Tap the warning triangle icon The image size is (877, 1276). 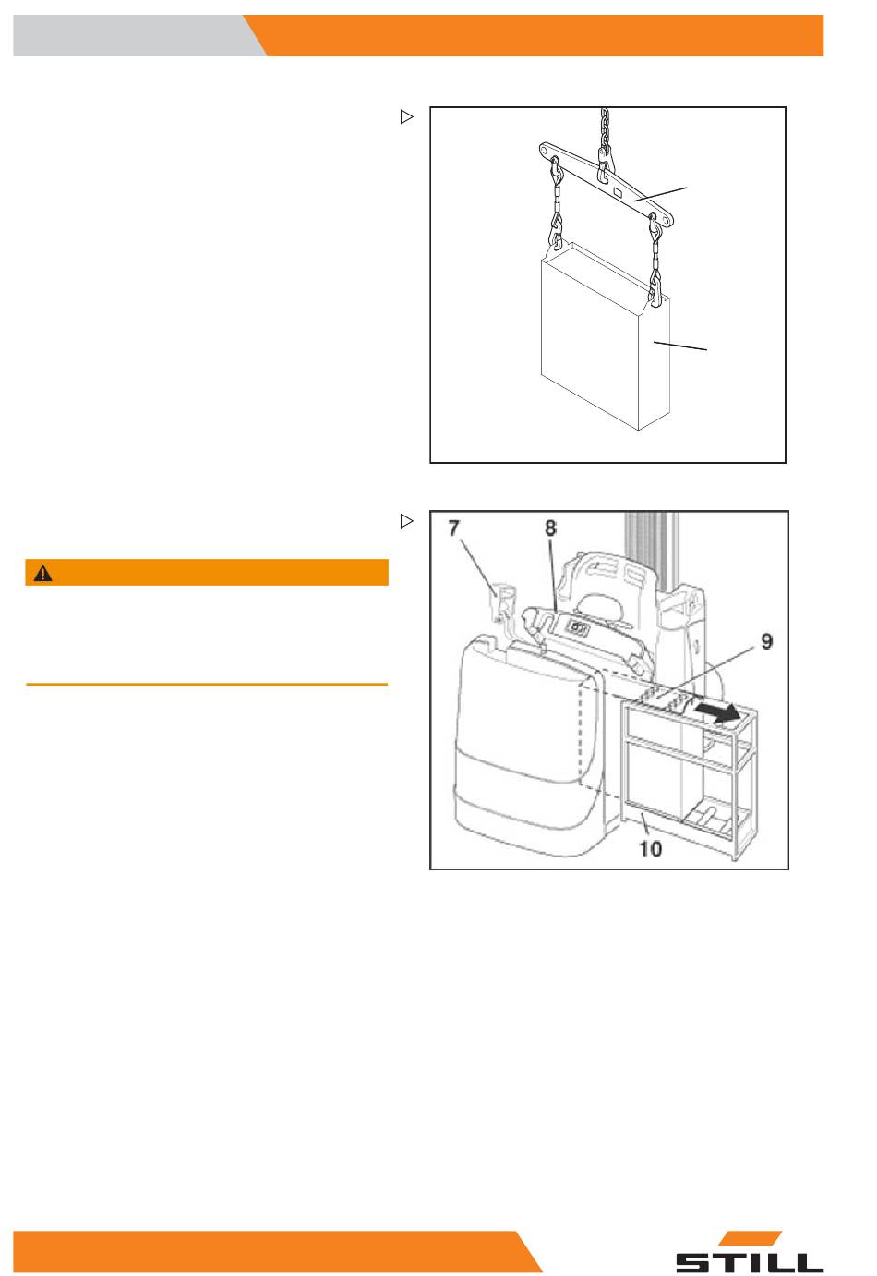[x=42, y=573]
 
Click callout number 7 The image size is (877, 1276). [x=453, y=529]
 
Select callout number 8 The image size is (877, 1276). [x=550, y=528]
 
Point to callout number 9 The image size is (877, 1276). [x=766, y=641]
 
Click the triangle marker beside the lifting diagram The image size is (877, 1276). [x=406, y=116]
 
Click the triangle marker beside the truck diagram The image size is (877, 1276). [x=406, y=520]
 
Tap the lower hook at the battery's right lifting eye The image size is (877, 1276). [x=655, y=288]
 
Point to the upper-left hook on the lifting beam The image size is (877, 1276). [x=556, y=171]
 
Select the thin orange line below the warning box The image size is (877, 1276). [x=207, y=684]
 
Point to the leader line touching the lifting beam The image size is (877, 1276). [x=661, y=194]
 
